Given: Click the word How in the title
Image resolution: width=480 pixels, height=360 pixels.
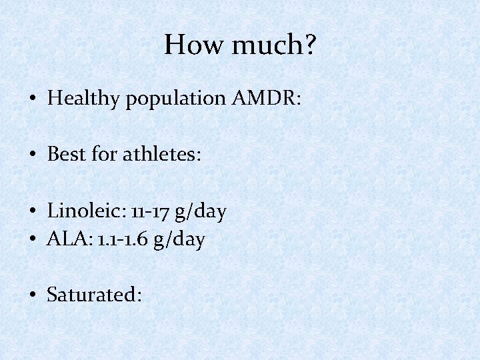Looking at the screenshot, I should click(x=188, y=45).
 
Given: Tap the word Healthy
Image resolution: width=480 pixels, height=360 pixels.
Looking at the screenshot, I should click(x=85, y=99).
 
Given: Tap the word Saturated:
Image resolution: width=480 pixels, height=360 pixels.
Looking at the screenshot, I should click(x=94, y=294).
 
